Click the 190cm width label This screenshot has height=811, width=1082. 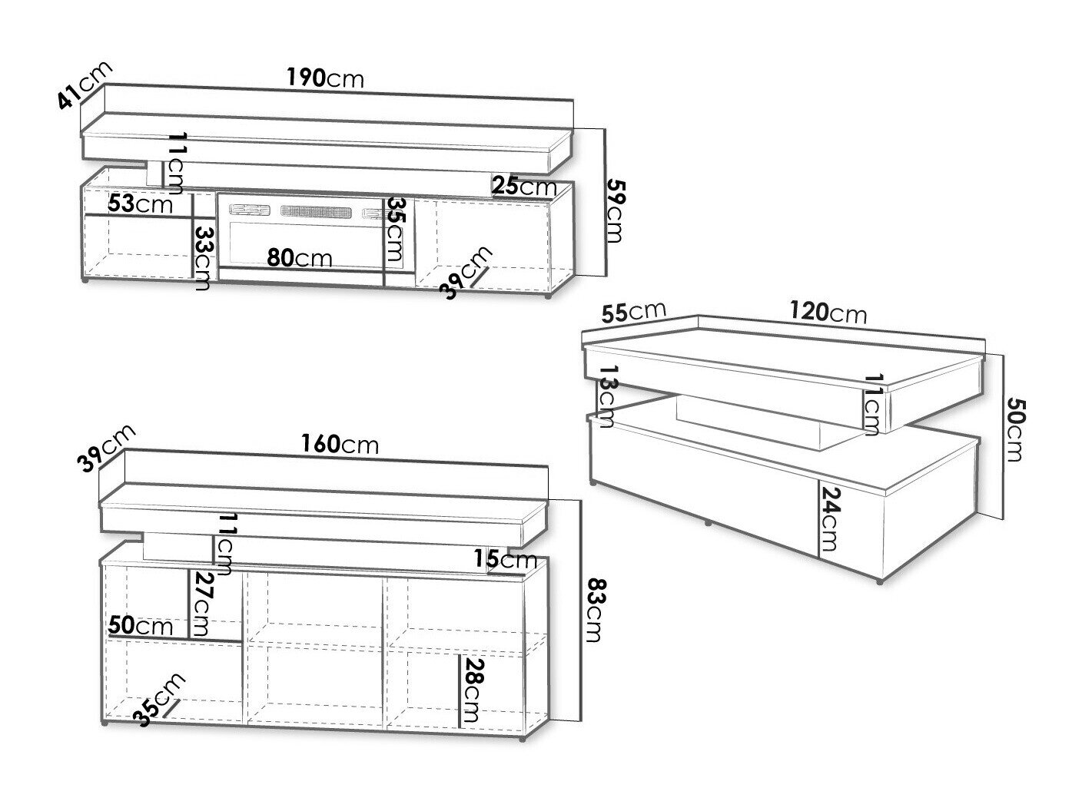tap(325, 78)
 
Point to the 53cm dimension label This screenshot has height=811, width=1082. tap(141, 203)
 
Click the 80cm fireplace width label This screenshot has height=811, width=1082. tap(300, 257)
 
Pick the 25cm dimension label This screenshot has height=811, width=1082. tap(524, 186)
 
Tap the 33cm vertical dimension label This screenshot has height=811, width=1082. tap(203, 258)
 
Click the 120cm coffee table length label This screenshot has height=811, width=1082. tap(828, 312)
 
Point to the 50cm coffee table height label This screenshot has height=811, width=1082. tap(1015, 429)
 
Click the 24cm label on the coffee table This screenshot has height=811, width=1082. tap(828, 519)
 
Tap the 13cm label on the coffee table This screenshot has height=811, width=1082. tap(607, 396)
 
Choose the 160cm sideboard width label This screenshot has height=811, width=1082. tap(340, 444)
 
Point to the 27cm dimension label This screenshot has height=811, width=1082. tap(200, 604)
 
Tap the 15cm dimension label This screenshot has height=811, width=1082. tap(506, 559)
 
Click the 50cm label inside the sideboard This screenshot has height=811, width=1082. tap(141, 626)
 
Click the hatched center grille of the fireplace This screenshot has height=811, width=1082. tap(316, 211)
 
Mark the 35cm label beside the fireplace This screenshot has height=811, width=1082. tap(394, 229)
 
